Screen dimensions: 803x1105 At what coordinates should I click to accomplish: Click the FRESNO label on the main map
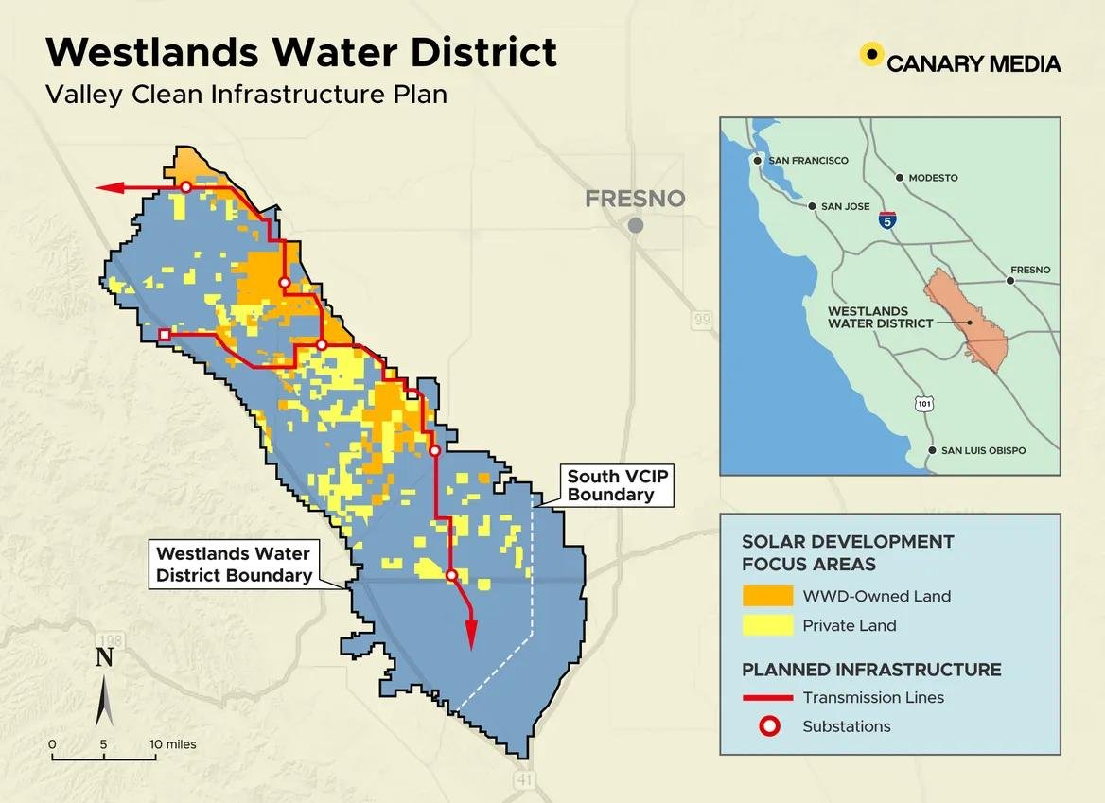(634, 199)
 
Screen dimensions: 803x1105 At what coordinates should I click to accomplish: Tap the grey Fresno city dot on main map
(636, 225)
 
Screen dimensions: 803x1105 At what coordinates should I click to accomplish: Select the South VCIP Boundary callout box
(618, 485)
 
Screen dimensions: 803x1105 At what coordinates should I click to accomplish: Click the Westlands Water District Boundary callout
(234, 565)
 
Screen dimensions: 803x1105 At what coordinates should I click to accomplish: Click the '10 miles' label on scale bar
(174, 744)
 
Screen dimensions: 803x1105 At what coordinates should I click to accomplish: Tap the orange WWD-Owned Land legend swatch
(767, 596)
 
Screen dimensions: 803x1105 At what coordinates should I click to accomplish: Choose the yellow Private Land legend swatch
(767, 625)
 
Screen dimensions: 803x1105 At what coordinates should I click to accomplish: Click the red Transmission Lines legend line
(767, 698)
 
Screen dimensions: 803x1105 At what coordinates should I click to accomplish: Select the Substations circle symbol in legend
(768, 726)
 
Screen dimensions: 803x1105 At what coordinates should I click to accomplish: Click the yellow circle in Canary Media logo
(871, 54)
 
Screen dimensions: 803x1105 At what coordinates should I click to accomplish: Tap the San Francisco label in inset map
(808, 161)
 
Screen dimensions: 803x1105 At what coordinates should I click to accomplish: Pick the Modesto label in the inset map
(933, 178)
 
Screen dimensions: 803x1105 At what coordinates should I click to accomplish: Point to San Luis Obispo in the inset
(983, 450)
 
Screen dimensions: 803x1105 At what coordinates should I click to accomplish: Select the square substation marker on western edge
(165, 335)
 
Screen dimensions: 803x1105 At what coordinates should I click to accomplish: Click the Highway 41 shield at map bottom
(524, 779)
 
